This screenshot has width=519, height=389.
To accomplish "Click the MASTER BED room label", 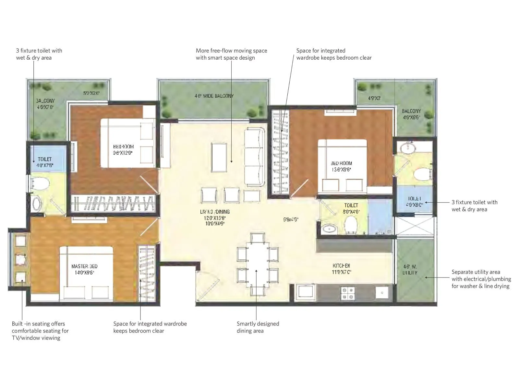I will point(84,266).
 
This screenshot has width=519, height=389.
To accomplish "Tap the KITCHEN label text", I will point(341,266).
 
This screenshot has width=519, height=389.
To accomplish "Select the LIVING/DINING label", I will point(215,212).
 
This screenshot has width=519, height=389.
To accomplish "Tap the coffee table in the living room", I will point(219,158).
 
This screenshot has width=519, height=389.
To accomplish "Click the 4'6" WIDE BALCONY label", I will point(214,96).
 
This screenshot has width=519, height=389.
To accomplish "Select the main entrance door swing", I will point(204,287).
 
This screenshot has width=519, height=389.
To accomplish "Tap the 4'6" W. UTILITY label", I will point(410,270).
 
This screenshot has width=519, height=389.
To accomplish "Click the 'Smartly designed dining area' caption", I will point(258,327).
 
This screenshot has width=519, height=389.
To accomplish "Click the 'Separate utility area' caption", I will point(481,279).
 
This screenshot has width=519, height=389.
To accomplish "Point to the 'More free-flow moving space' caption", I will point(231,54).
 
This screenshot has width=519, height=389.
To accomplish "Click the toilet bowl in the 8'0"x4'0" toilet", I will point(351,224).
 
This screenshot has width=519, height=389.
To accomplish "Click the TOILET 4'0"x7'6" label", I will point(45,162).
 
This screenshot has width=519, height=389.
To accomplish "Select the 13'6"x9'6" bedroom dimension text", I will point(341,170).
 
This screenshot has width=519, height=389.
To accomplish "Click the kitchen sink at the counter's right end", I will point(382,293).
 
